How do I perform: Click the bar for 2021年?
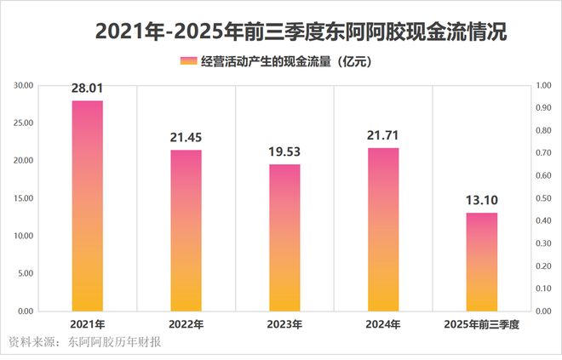[87, 205]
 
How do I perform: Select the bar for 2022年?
[186, 230]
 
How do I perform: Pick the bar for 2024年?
[383, 229]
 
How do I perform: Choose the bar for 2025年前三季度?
[482, 261]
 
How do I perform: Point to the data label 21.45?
[186, 139]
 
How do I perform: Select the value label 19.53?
[284, 152]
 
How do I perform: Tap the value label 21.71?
[383, 136]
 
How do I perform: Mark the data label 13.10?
[482, 201]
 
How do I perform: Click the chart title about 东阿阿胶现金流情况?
[301, 32]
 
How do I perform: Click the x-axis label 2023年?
[284, 325]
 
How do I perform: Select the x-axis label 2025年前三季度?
[482, 325]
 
